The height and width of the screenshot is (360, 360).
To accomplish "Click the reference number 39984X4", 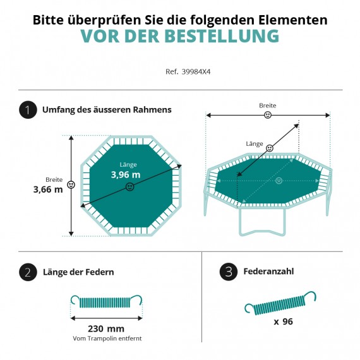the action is click(196, 72).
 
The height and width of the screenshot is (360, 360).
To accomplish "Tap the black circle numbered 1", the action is click(28, 110).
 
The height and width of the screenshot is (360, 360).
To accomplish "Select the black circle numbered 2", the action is click(28, 272).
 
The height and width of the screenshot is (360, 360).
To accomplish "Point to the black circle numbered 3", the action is click(229, 272).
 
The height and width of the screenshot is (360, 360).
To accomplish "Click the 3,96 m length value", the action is click(126, 175).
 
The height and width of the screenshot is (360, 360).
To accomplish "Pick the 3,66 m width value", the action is click(48, 189).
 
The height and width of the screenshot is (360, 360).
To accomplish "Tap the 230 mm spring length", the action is click(106, 328).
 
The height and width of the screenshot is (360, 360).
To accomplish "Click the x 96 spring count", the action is click(284, 321).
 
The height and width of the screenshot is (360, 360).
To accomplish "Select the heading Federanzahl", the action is click(268, 272).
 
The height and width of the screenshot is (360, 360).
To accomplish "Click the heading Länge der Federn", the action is click(78, 272).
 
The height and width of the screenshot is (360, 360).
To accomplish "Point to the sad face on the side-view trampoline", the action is click(279, 181).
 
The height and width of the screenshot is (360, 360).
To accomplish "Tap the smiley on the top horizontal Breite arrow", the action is click(268, 115).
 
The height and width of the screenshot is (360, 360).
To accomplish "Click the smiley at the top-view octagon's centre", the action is click(130, 187).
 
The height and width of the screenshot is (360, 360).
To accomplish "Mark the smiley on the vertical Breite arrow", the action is click(71, 185).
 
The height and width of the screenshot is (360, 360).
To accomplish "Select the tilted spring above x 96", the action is click(280, 303).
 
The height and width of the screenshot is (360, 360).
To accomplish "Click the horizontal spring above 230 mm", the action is click(106, 301).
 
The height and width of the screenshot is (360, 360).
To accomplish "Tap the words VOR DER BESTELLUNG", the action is click(180, 36).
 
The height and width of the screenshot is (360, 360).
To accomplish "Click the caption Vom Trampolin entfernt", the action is click(107, 339).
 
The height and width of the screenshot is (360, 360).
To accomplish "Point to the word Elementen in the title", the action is click(293, 20).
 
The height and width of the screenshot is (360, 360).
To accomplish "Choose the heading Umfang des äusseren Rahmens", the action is click(107, 110).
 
